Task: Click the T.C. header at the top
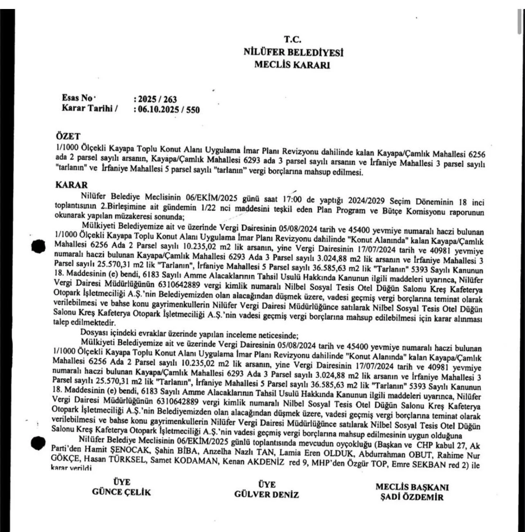293,40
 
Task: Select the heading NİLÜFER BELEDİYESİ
293,52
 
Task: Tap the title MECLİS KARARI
292,65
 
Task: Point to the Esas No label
77,98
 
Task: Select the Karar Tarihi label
87,108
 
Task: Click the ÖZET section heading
68,136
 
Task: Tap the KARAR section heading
71,185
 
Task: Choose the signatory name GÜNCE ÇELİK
121,492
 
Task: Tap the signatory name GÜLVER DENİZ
267,494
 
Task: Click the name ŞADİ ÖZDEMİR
412,497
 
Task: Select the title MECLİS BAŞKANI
412,487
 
